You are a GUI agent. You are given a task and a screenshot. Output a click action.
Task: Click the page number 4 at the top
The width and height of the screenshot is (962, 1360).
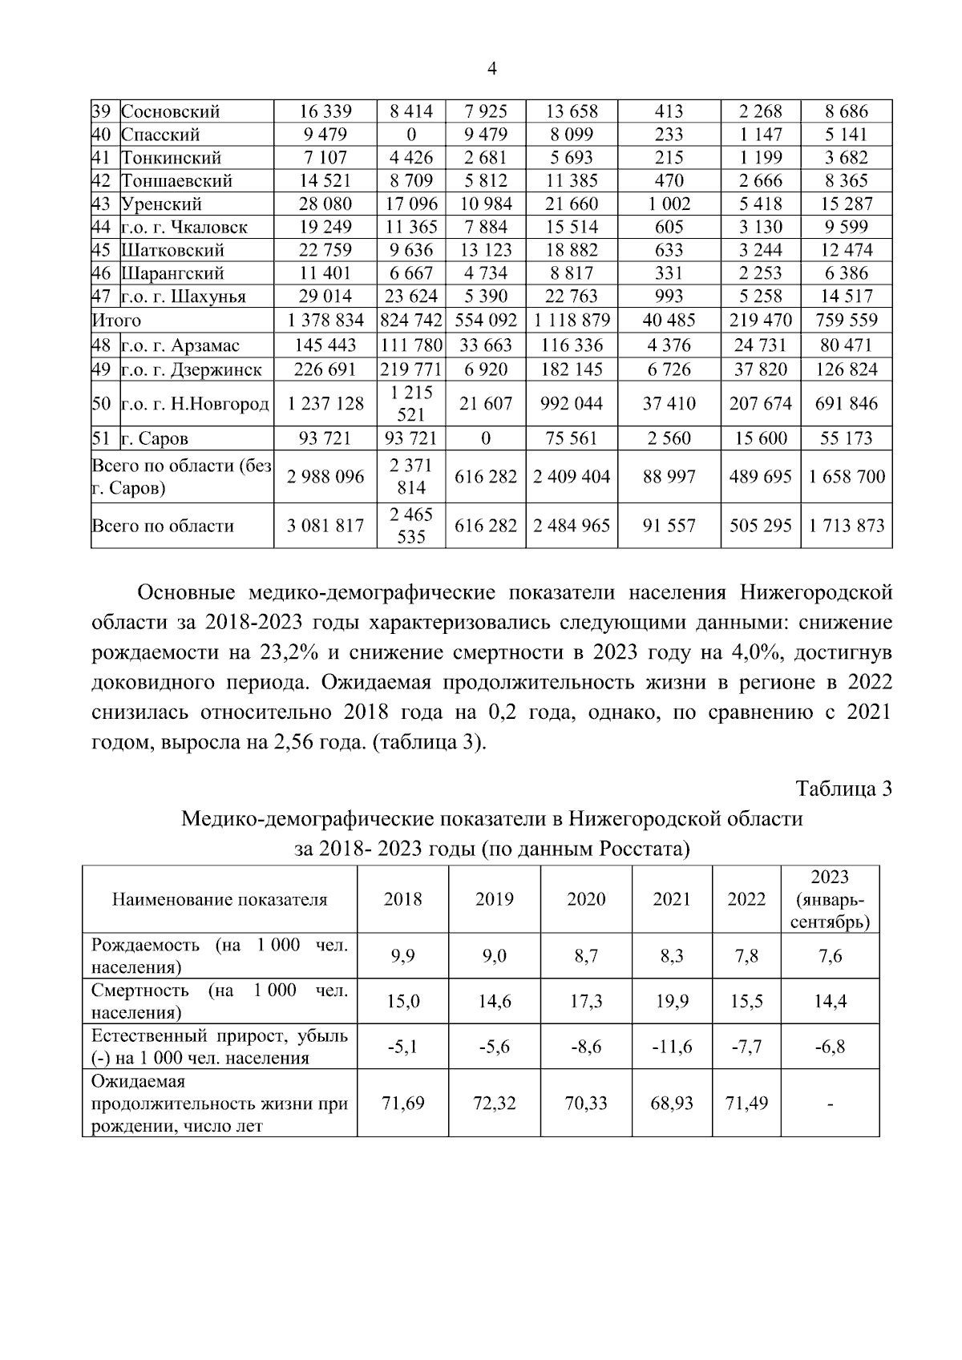(x=492, y=69)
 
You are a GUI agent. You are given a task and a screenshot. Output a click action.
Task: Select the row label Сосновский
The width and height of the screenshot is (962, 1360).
(x=170, y=111)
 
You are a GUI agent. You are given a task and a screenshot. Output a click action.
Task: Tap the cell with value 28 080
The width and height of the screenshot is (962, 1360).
(x=325, y=204)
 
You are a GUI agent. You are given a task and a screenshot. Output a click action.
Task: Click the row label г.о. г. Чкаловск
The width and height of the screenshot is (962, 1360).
(x=184, y=227)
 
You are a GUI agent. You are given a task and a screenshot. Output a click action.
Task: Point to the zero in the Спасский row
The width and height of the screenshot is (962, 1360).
(x=410, y=135)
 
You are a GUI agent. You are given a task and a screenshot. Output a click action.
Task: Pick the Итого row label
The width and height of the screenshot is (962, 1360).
(x=117, y=321)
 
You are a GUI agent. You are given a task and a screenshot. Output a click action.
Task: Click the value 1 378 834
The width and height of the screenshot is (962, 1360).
(x=325, y=321)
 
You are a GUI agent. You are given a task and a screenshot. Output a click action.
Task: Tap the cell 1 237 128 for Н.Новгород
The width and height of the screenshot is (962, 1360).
(x=325, y=404)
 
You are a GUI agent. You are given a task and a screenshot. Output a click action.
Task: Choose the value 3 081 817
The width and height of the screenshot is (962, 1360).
(x=325, y=526)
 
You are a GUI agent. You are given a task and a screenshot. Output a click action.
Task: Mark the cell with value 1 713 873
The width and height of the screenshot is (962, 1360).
(x=847, y=526)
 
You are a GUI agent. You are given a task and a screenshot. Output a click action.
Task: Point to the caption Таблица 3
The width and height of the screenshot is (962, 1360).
(x=843, y=789)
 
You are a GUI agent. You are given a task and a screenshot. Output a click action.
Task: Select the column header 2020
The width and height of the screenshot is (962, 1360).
(x=586, y=899)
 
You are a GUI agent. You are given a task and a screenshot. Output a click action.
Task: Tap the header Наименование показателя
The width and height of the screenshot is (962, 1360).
(x=220, y=899)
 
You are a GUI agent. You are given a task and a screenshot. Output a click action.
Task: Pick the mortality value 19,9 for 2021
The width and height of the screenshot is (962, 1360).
(x=672, y=1001)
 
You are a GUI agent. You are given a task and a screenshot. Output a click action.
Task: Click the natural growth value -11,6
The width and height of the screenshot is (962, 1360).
(x=672, y=1047)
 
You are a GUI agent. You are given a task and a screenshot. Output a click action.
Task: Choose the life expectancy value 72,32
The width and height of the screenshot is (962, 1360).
(x=494, y=1103)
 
